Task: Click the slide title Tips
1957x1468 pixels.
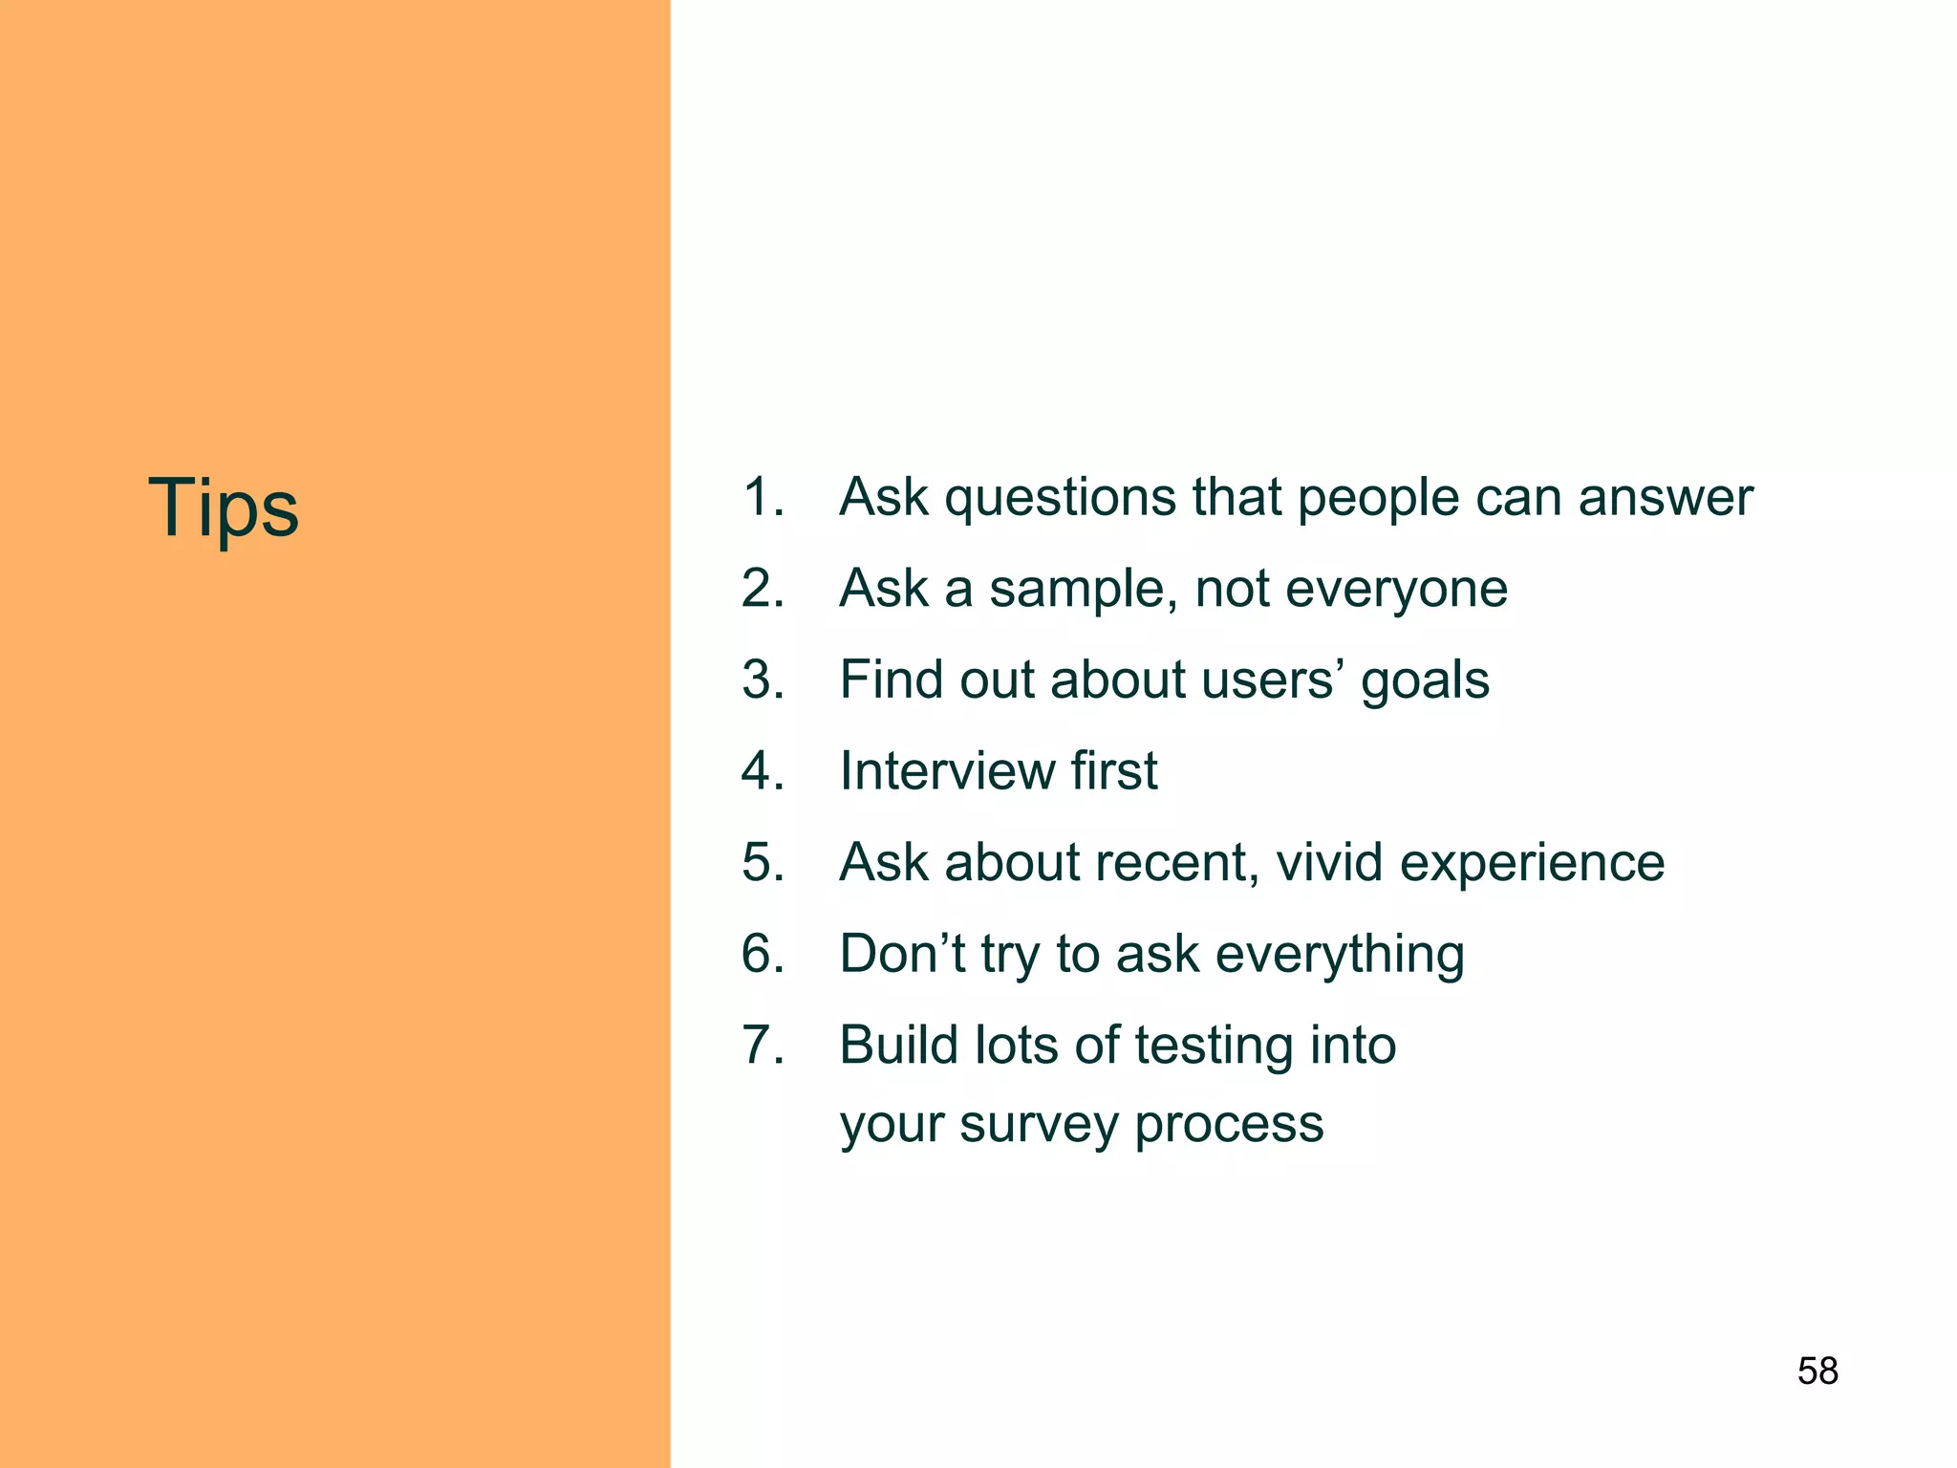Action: [223, 507]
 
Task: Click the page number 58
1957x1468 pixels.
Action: [1817, 1371]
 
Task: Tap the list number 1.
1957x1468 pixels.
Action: [762, 498]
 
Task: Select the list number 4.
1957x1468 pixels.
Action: [762, 771]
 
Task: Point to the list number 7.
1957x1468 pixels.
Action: [762, 1045]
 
